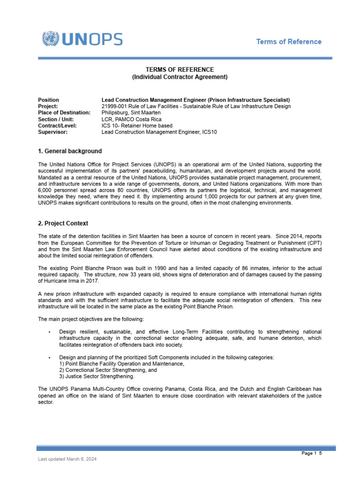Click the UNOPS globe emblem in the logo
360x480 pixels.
(51, 39)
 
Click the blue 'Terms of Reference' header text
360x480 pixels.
(288, 42)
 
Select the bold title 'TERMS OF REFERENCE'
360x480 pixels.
(180, 69)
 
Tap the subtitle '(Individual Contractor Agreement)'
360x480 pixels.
(180, 77)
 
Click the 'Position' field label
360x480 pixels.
(48, 100)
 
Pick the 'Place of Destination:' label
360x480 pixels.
(64, 113)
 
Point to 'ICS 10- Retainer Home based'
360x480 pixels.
(137, 126)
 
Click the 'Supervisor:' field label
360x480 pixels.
(52, 132)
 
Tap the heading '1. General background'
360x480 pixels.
(69, 151)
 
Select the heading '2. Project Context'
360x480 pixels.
(63, 224)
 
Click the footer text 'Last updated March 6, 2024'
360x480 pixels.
(67, 460)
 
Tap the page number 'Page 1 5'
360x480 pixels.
(311, 453)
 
